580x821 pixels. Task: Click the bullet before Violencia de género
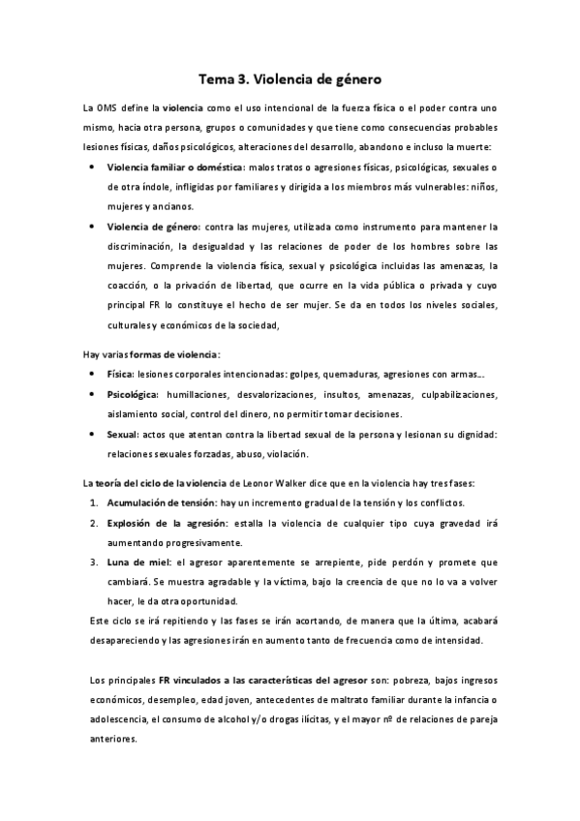click(91, 227)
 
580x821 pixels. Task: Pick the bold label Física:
click(121, 373)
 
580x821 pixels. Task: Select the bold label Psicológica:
click(134, 394)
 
